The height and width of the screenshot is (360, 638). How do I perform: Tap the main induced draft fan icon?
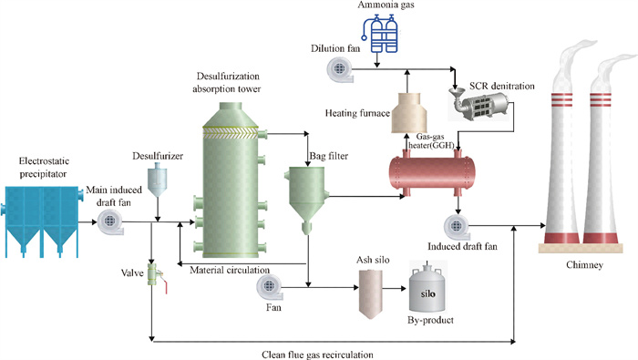tap(110, 221)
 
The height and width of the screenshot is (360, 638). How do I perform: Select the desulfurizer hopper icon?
tap(158, 181)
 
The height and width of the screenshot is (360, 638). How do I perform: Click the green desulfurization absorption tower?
tap(231, 180)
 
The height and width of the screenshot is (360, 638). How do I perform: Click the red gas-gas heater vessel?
tap(432, 173)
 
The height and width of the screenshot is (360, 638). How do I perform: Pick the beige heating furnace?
tap(409, 113)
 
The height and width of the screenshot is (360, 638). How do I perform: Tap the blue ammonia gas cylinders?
tap(380, 34)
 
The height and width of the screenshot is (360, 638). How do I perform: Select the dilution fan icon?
tap(340, 69)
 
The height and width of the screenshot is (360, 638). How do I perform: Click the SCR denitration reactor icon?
tap(479, 103)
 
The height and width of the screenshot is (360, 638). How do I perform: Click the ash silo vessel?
tap(370, 293)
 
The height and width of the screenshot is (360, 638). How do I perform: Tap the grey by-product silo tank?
tap(427, 290)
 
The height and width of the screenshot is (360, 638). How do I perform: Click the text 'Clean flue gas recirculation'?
tap(317, 355)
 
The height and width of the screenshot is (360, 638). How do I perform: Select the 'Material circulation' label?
tap(230, 270)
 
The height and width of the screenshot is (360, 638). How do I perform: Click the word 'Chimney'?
tap(584, 265)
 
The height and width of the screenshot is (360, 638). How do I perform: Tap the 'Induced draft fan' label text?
tap(462, 246)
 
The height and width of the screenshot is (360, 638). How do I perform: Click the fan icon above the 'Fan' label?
tap(269, 286)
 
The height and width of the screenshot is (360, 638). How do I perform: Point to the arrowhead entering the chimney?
tap(543, 225)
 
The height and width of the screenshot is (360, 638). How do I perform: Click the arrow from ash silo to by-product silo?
tap(395, 288)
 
